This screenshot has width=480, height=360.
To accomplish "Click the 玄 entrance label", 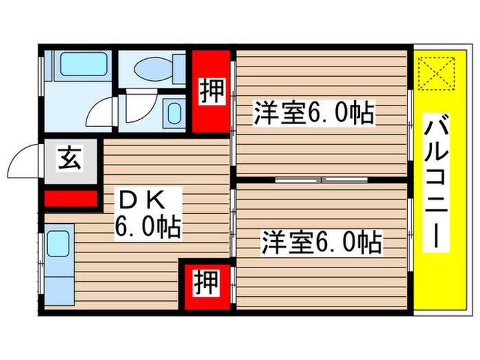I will pyautogui.click(x=70, y=160).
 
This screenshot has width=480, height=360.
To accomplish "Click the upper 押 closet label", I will pyautogui.click(x=211, y=91).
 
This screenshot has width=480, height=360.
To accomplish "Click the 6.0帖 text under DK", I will pyautogui.click(x=147, y=226).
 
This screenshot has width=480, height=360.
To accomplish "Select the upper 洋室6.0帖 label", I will pyautogui.click(x=314, y=113).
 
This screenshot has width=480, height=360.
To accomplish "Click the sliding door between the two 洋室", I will pyautogui.click(x=322, y=181).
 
